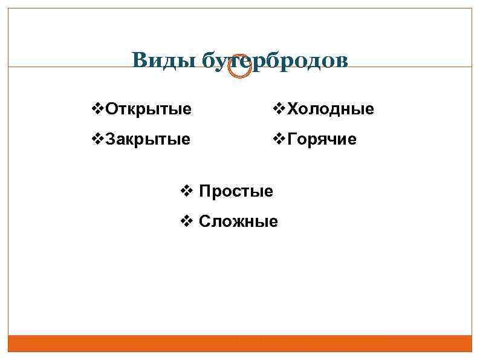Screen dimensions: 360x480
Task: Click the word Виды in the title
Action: pyautogui.click(x=163, y=61)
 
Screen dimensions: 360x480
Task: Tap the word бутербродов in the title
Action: pyautogui.click(x=275, y=61)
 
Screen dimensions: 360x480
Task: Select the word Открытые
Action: pyautogui.click(x=149, y=110)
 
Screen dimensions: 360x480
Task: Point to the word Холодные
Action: pyautogui.click(x=331, y=110)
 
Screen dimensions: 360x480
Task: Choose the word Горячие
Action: pyautogui.click(x=322, y=140)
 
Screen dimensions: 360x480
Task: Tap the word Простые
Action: pyautogui.click(x=236, y=192)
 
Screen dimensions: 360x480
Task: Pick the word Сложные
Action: pyautogui.click(x=238, y=222)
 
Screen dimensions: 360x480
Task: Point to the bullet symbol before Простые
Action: pyautogui.click(x=187, y=192)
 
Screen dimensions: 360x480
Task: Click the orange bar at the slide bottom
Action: pyautogui.click(x=240, y=344)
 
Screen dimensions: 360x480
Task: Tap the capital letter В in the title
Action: pyautogui.click(x=140, y=61)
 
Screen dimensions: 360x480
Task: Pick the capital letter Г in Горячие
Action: pyautogui.click(x=292, y=140)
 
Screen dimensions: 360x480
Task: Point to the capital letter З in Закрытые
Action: pyautogui.click(x=110, y=140)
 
